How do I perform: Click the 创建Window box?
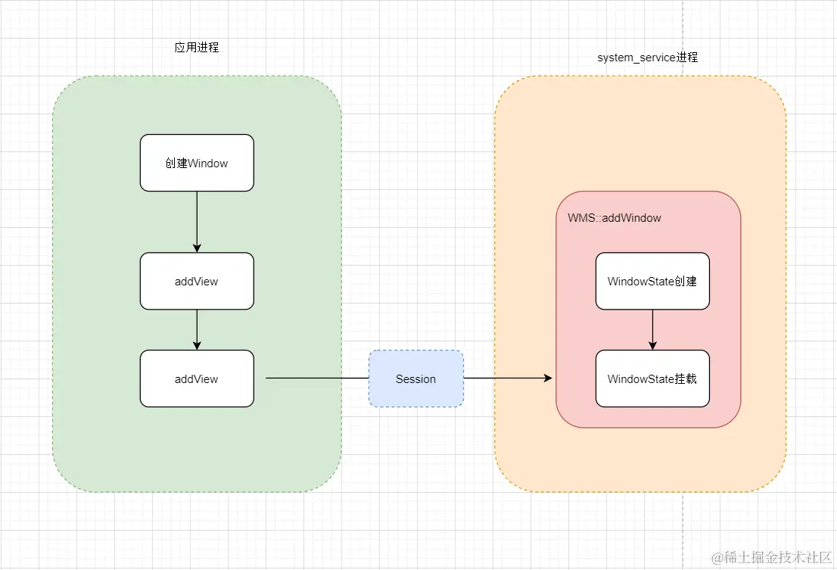[x=197, y=163]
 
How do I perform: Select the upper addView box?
[x=197, y=281]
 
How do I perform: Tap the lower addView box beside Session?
[x=197, y=378]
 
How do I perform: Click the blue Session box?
[x=415, y=378]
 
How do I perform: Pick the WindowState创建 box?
[x=652, y=281]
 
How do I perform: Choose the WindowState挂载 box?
[x=652, y=378]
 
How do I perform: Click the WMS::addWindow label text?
[x=615, y=218]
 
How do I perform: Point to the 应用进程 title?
[x=197, y=47]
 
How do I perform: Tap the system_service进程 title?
[x=647, y=58]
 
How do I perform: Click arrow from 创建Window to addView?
[x=197, y=221]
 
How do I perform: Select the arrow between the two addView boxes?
[x=197, y=329]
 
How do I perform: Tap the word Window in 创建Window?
[x=207, y=163]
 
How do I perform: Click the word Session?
[x=415, y=378]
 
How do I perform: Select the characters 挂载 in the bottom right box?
[x=685, y=378]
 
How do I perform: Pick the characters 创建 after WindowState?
[x=685, y=281]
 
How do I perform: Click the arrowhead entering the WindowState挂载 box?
[x=652, y=345]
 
